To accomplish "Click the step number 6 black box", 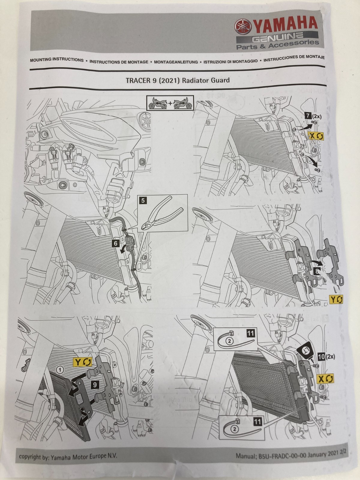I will [x=115, y=243].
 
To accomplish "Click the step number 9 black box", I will [x=94, y=385].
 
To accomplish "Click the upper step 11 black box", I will [x=251, y=333].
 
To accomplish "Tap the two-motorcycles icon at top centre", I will [x=170, y=104].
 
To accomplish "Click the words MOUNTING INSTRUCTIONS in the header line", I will [x=57, y=60].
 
